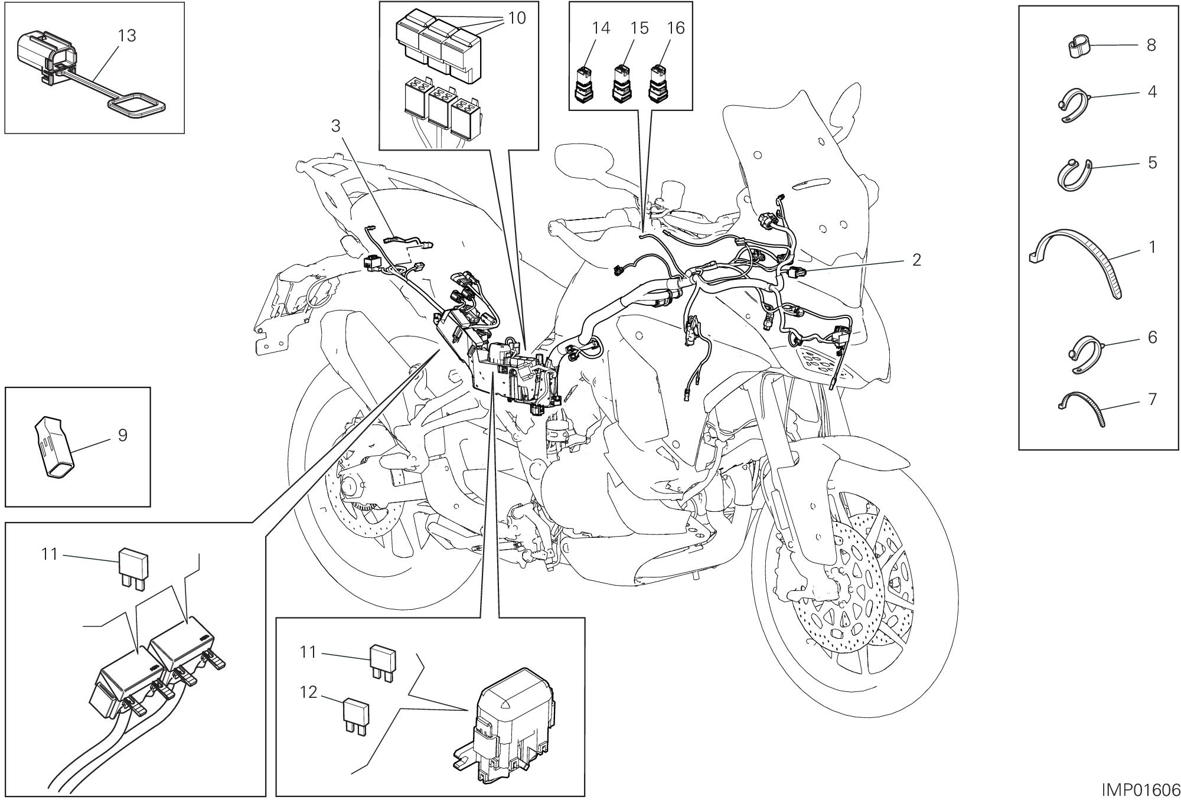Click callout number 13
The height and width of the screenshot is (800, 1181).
pos(126,36)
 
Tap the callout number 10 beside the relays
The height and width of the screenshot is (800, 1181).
pos(516,18)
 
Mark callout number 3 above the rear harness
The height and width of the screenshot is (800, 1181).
pos(335,126)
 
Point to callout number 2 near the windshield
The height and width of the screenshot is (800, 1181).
pos(916,260)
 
